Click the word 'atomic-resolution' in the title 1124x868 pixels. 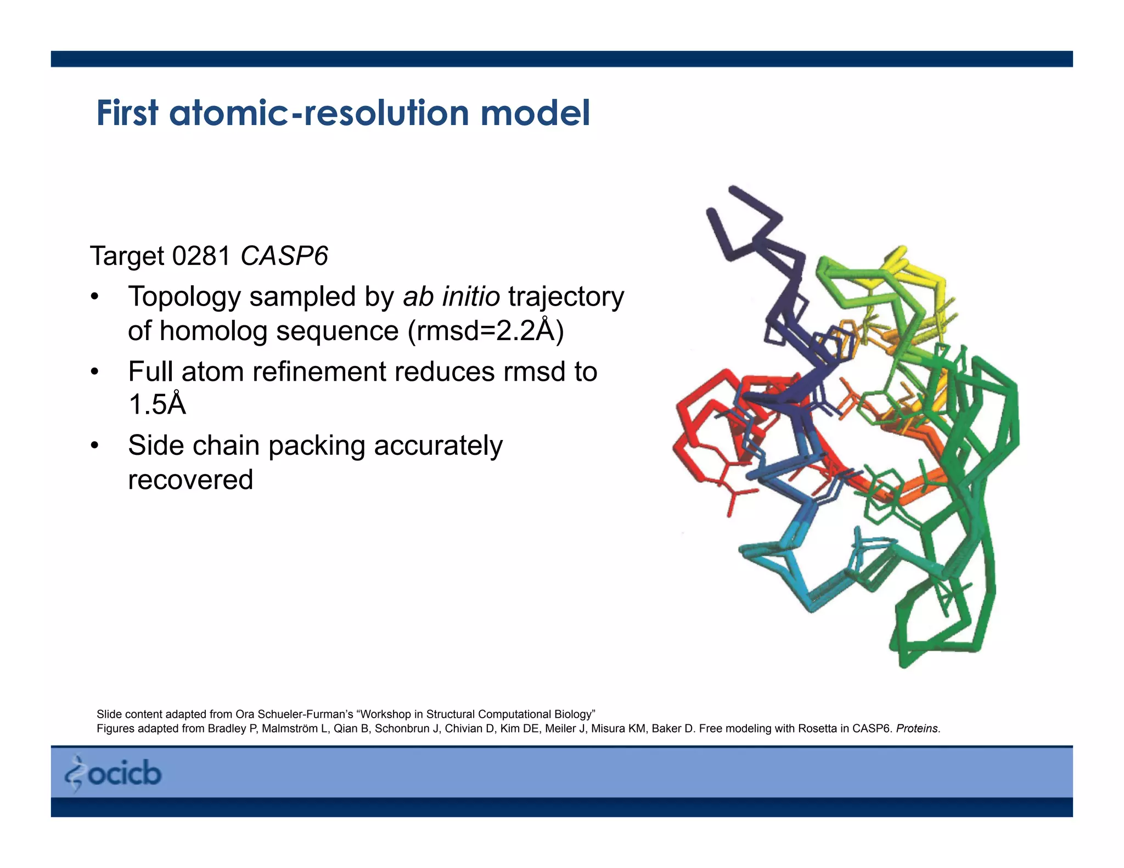pos(318,114)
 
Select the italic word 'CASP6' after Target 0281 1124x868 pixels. pos(284,256)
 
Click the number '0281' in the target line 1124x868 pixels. pos(201,256)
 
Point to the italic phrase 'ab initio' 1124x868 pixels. pos(451,297)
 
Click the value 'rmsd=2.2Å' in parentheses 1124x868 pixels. pos(485,331)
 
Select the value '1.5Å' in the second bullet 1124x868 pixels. pos(157,405)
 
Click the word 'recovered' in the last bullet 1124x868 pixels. pos(190,480)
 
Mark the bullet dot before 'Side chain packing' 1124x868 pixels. pos(95,446)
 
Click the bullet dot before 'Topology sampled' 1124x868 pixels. pos(95,297)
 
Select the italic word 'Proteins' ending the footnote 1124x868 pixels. pos(917,729)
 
